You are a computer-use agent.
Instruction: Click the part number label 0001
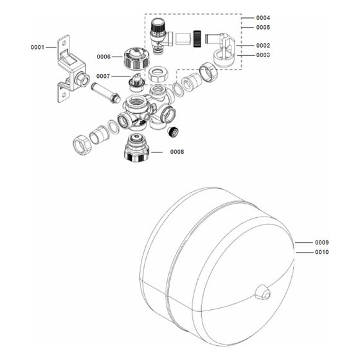37,48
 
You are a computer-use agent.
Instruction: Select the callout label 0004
263,18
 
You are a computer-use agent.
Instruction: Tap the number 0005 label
263,28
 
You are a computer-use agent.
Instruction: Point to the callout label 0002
263,46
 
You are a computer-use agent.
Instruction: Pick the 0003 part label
263,55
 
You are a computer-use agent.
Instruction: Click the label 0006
104,57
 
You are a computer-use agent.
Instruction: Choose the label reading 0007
103,76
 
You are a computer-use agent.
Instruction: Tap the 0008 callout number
177,152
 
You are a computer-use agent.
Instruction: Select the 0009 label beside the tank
321,242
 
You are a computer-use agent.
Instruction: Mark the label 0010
321,252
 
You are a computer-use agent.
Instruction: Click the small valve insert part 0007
136,82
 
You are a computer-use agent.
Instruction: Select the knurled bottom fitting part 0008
136,148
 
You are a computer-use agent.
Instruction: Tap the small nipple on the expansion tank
263,292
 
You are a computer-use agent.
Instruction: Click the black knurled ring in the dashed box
197,39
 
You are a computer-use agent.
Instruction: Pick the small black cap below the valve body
173,132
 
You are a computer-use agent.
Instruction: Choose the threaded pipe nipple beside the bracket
105,93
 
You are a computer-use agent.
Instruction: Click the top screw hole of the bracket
64,42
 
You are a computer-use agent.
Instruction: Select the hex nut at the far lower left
82,145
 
